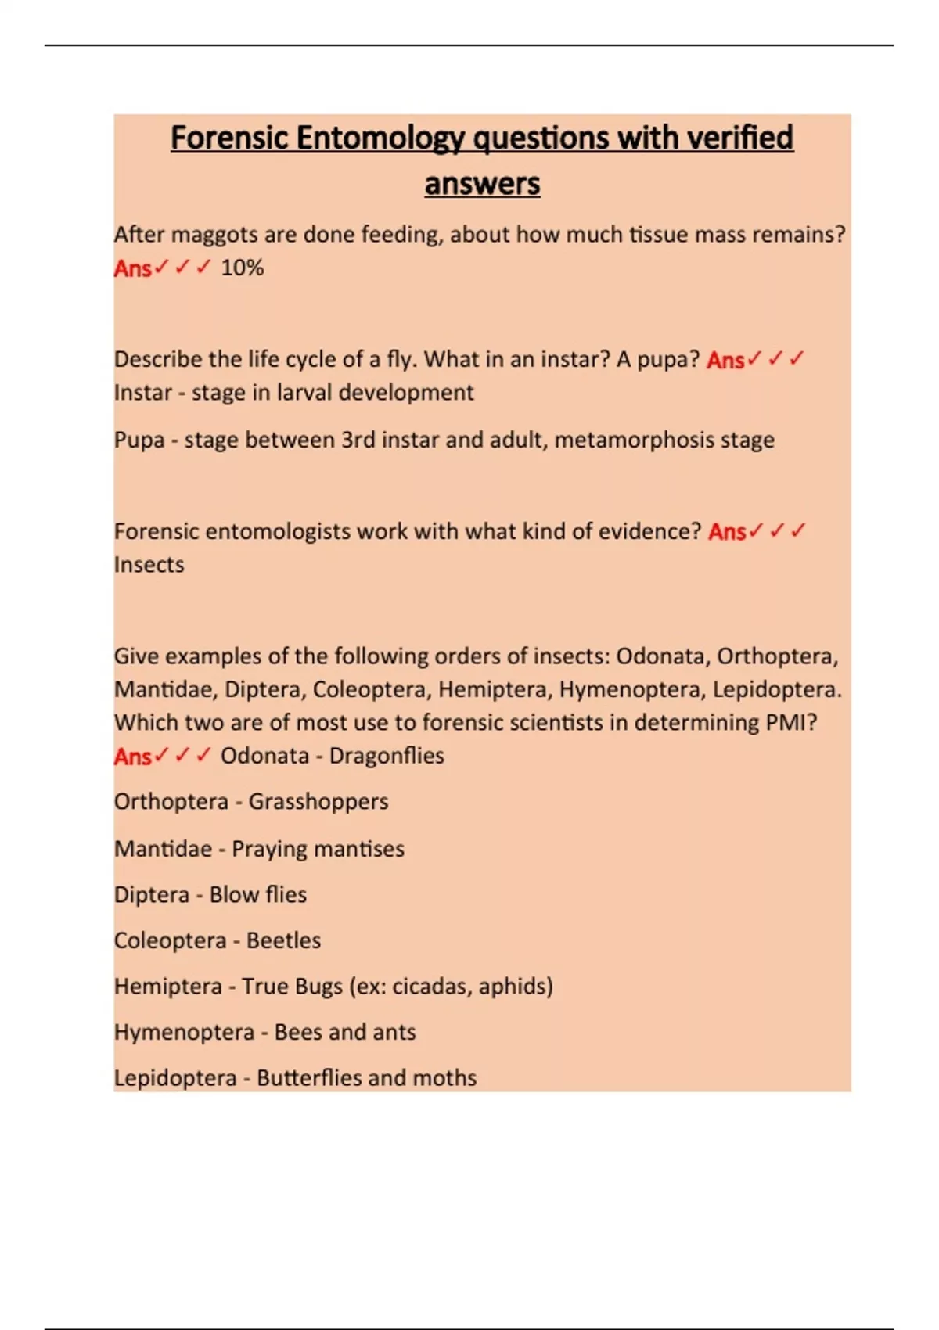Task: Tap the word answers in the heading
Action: (x=482, y=184)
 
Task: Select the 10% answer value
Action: (x=242, y=268)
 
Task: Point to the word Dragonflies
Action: (x=386, y=756)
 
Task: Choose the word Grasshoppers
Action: (x=318, y=802)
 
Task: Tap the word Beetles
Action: (x=283, y=940)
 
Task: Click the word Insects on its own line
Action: (x=149, y=565)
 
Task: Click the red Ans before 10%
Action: (x=132, y=268)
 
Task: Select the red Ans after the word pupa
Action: (x=725, y=360)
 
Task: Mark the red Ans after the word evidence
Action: (x=726, y=532)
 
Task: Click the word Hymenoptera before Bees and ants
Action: (x=184, y=1033)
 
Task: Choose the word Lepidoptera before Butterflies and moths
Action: (x=174, y=1078)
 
